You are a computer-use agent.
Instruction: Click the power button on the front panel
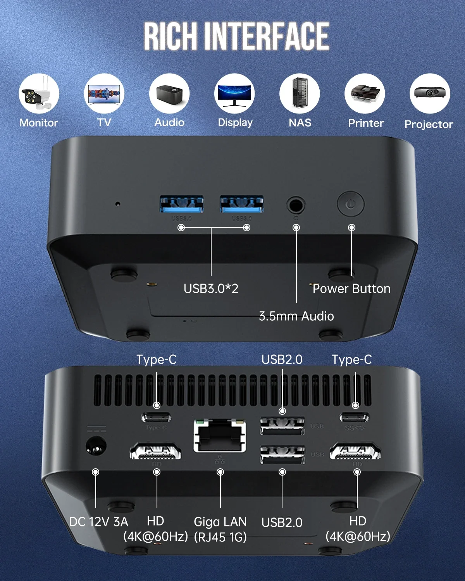pos(350,203)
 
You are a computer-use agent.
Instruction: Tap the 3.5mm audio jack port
pos(296,205)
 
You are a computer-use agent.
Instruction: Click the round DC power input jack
pos(96,445)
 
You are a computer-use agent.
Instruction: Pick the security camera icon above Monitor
pos(39,94)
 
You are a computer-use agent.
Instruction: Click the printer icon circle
pos(365,94)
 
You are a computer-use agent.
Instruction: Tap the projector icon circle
pos(430,94)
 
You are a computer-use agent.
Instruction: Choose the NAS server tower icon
pos(300,94)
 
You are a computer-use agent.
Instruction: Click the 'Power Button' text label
pos(351,289)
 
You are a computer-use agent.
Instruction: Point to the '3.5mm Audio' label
pos(296,316)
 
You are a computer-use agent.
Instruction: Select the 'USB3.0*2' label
pos(211,288)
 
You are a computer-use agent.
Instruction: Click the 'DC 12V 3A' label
pos(98,522)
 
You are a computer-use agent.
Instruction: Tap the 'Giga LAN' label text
pos(220,522)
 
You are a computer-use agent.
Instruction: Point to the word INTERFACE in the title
pos(267,36)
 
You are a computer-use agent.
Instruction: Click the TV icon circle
pos(104,94)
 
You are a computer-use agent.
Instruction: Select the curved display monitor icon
pos(234,94)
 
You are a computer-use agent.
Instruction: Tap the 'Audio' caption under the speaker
pos(169,122)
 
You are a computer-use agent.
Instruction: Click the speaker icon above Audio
pos(169,94)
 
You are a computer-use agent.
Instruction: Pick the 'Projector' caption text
pos(429,124)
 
